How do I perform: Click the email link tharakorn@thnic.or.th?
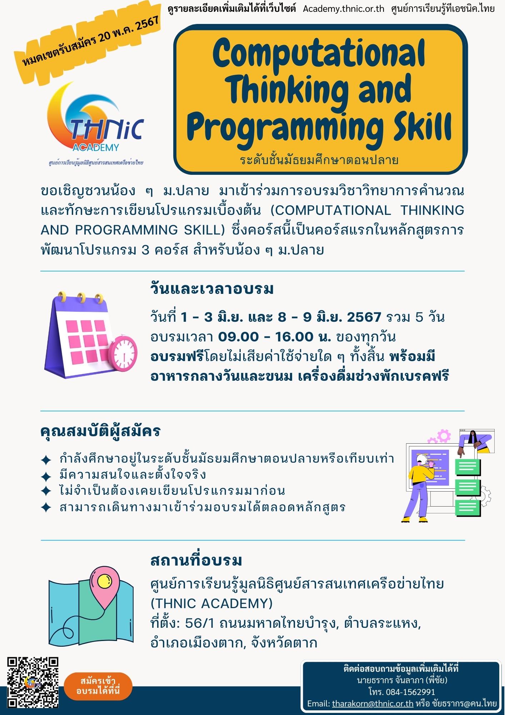tap(372, 704)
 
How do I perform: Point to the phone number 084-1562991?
tap(410, 692)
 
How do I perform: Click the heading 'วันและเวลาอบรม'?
tap(212, 289)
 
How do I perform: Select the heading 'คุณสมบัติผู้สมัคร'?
tap(100, 431)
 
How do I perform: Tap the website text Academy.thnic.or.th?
tap(344, 9)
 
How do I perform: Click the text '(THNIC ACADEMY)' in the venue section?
tap(211, 604)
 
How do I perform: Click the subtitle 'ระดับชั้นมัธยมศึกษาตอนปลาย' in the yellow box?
tap(319, 160)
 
